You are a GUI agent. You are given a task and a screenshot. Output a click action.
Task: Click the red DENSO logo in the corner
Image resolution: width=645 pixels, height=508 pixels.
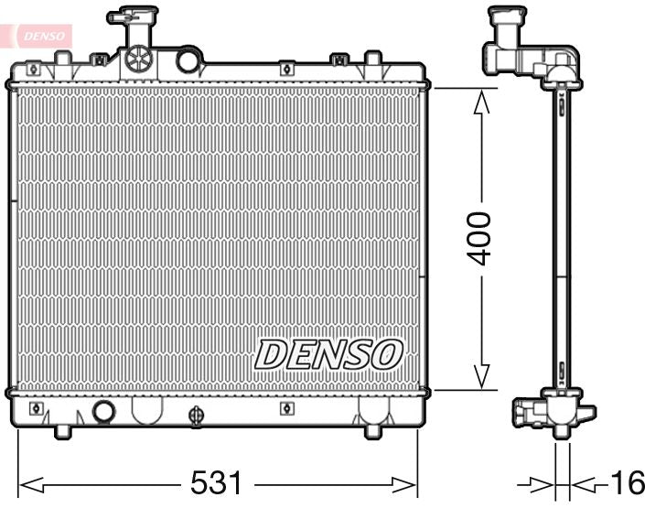38,35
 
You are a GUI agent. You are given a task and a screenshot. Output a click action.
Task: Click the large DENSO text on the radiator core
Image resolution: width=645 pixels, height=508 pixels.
328,354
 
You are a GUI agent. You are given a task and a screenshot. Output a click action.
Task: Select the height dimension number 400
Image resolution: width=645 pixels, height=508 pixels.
480,238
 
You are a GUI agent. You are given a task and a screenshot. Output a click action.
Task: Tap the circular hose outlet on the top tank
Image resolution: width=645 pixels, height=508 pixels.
188,60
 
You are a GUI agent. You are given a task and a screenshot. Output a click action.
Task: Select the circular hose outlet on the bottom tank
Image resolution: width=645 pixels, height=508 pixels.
104,411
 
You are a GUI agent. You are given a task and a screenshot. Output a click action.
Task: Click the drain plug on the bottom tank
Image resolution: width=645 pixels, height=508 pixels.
195,416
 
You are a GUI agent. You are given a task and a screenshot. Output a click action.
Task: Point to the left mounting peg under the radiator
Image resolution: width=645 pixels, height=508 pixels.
63,430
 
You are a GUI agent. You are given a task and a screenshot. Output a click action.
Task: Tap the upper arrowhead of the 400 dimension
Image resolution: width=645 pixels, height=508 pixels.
480,99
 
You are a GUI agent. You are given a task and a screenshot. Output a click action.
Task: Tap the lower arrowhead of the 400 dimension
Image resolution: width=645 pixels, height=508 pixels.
480,378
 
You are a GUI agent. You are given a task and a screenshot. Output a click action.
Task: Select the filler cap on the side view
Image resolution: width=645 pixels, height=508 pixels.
506,18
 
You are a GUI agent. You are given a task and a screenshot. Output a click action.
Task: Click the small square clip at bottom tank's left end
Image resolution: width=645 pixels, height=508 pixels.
37,407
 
